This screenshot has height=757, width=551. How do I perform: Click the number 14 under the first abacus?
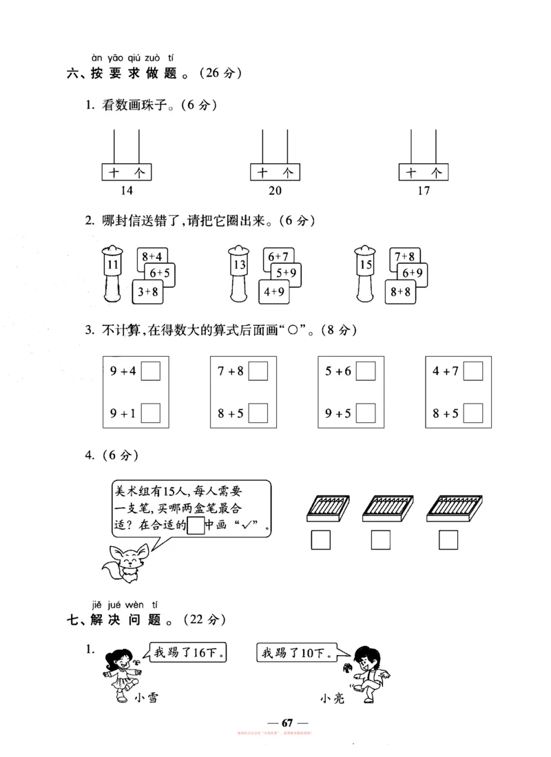126,191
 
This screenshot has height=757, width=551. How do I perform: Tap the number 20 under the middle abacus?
275,191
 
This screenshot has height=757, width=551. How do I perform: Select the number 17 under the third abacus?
424,191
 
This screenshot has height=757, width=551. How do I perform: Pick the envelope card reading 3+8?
147,292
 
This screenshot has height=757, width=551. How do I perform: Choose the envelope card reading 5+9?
284,274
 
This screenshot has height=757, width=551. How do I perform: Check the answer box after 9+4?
150,372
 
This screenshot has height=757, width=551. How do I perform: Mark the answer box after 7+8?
258,372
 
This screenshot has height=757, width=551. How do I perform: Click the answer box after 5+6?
366,372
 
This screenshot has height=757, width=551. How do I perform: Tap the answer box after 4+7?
473,372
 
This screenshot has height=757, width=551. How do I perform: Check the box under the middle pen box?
381,541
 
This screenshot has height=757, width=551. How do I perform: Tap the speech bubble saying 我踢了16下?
187,652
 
